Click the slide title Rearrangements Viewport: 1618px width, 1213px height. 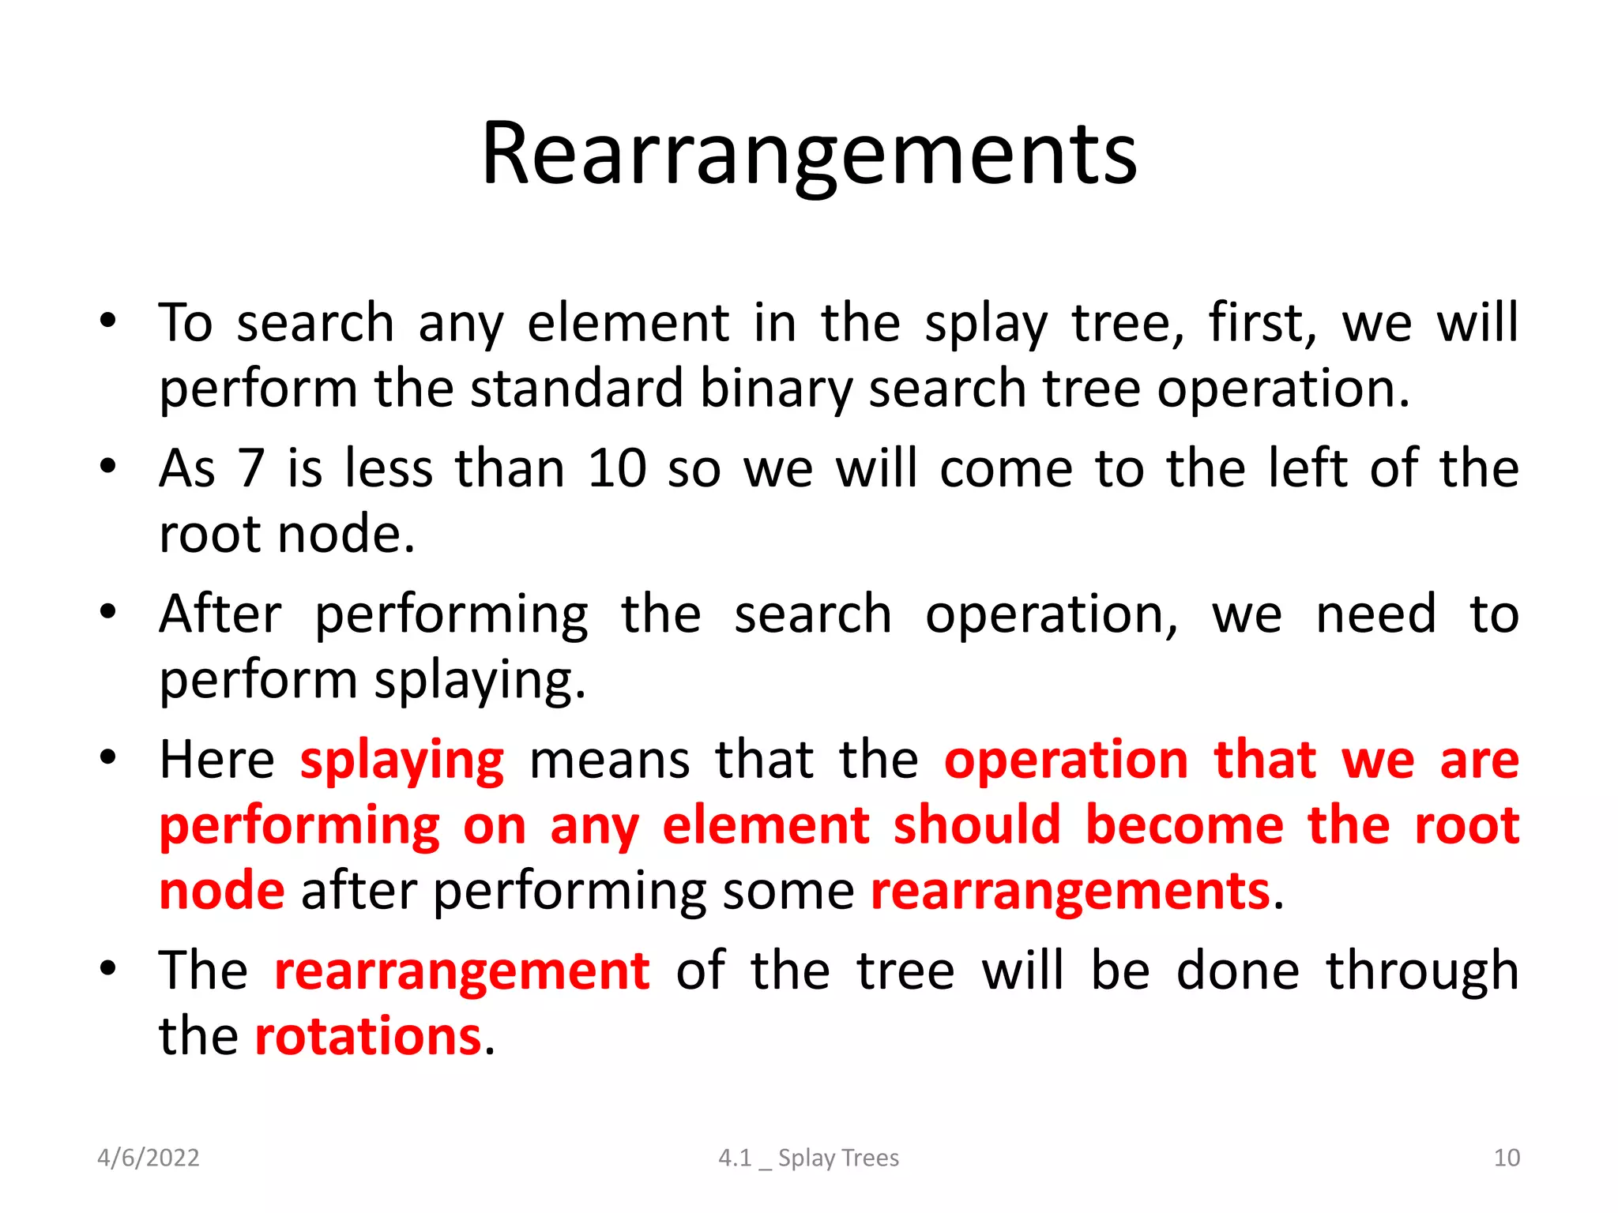click(809, 154)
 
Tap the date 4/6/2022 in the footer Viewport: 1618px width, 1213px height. click(148, 1158)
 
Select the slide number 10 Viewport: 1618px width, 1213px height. click(1506, 1158)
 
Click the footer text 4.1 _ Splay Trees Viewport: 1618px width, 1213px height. click(808, 1158)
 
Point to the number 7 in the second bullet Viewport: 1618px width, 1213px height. click(250, 468)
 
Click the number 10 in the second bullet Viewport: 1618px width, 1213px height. click(617, 468)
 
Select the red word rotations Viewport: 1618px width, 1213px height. click(367, 1036)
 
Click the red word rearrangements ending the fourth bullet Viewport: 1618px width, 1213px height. click(1071, 892)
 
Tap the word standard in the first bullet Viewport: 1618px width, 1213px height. click(576, 389)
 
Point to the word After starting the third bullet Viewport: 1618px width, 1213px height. click(220, 614)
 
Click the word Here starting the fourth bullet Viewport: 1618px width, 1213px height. click(216, 760)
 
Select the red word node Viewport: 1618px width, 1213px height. click(222, 892)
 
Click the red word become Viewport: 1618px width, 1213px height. click(1184, 826)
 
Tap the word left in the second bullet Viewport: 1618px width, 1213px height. click(1307, 468)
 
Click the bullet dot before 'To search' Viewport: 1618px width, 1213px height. click(108, 321)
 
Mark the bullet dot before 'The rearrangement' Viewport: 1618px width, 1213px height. click(108, 967)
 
